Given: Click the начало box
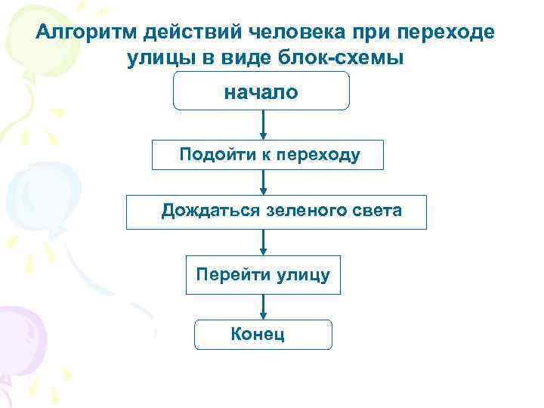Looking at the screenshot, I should (x=261, y=92).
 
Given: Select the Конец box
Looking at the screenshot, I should (x=263, y=334).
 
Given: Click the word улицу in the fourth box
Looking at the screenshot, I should (x=301, y=274).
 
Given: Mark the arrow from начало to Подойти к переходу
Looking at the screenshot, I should (x=263, y=125).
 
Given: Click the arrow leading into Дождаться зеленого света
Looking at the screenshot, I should (x=263, y=182).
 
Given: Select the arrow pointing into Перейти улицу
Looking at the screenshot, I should (x=263, y=242).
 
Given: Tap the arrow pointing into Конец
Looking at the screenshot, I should (x=263, y=306).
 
